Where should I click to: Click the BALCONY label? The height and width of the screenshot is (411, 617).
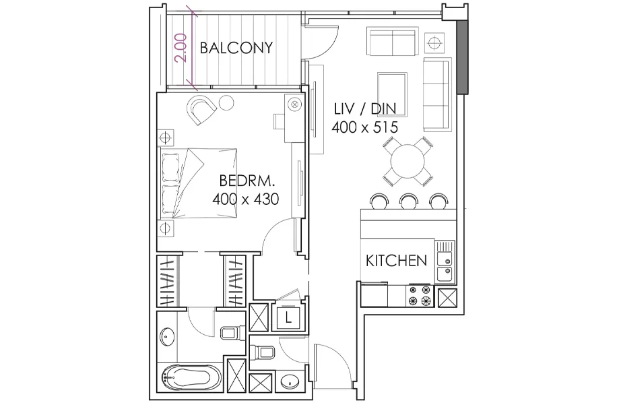tap(236, 48)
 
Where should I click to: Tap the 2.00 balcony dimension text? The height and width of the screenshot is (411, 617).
tap(181, 48)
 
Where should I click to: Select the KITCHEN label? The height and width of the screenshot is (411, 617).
tap(396, 261)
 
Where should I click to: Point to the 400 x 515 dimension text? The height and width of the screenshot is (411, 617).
tap(365, 127)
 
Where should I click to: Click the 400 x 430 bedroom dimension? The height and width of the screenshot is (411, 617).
tap(246, 199)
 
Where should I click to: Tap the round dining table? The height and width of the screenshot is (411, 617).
tap(408, 161)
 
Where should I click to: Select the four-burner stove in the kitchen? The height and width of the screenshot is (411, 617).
tap(419, 296)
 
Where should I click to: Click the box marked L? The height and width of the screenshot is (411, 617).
tap(288, 317)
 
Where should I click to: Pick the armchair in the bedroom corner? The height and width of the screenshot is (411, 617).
tap(201, 109)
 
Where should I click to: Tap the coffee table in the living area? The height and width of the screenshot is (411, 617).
tap(392, 94)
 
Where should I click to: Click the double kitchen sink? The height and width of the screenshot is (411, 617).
tap(445, 261)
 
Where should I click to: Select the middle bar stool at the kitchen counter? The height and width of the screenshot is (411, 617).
tap(408, 201)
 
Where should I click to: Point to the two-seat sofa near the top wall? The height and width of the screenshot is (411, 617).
tap(392, 41)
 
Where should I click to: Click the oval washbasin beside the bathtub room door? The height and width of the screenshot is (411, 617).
tap(168, 337)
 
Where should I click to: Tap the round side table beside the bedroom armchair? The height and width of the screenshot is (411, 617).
tap(226, 103)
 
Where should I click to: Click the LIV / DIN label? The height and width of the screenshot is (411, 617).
tap(365, 108)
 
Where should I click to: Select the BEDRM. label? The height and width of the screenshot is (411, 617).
tap(247, 181)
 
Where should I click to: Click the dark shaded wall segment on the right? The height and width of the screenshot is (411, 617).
tap(463, 57)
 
